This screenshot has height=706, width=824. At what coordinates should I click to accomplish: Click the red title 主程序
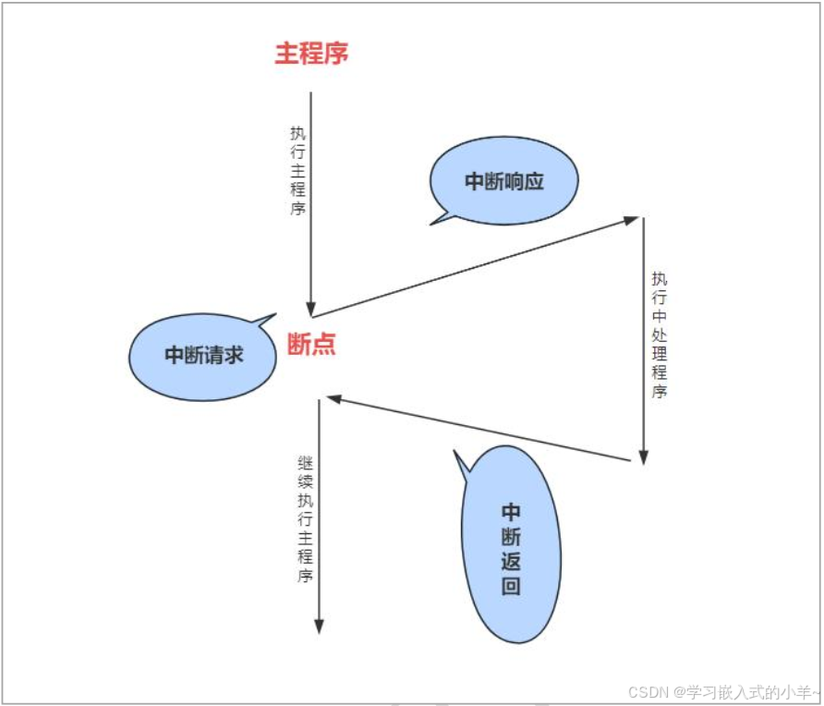coord(311,54)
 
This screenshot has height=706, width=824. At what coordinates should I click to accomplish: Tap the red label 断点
coord(311,345)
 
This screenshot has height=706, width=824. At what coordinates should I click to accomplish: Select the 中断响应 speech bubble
coord(504,182)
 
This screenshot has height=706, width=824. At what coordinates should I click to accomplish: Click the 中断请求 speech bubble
coord(203,356)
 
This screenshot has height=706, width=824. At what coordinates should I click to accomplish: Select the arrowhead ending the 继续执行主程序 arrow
coord(319,626)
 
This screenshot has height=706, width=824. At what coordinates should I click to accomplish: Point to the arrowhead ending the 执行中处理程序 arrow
coord(644,456)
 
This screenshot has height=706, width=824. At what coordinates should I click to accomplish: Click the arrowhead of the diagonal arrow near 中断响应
coord(631,220)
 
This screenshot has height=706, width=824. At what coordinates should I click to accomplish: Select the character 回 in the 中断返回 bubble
coord(511,586)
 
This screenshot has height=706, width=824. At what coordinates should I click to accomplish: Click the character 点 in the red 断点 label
coord(323,345)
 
